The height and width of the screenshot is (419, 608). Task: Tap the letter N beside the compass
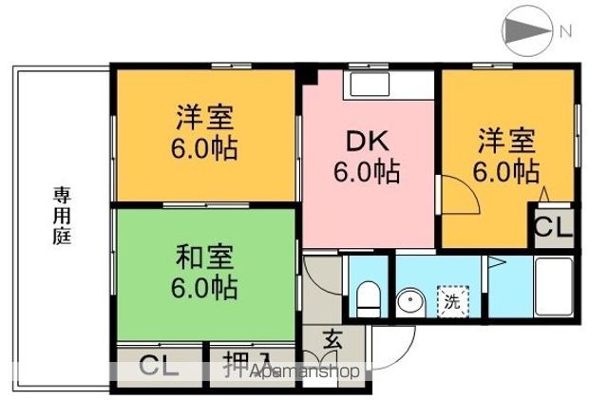tap(566, 31)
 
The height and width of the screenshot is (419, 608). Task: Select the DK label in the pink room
tap(366, 141)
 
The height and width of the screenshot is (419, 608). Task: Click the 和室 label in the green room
tap(204, 257)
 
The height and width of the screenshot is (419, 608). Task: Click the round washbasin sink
tap(411, 303)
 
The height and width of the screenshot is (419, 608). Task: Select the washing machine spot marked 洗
tap(453, 303)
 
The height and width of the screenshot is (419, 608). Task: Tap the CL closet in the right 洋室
tap(551, 229)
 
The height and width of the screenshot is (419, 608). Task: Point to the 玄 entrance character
tap(333, 339)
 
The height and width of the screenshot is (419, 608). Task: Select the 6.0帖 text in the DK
tap(366, 172)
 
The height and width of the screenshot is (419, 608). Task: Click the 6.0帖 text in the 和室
tap(204, 286)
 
